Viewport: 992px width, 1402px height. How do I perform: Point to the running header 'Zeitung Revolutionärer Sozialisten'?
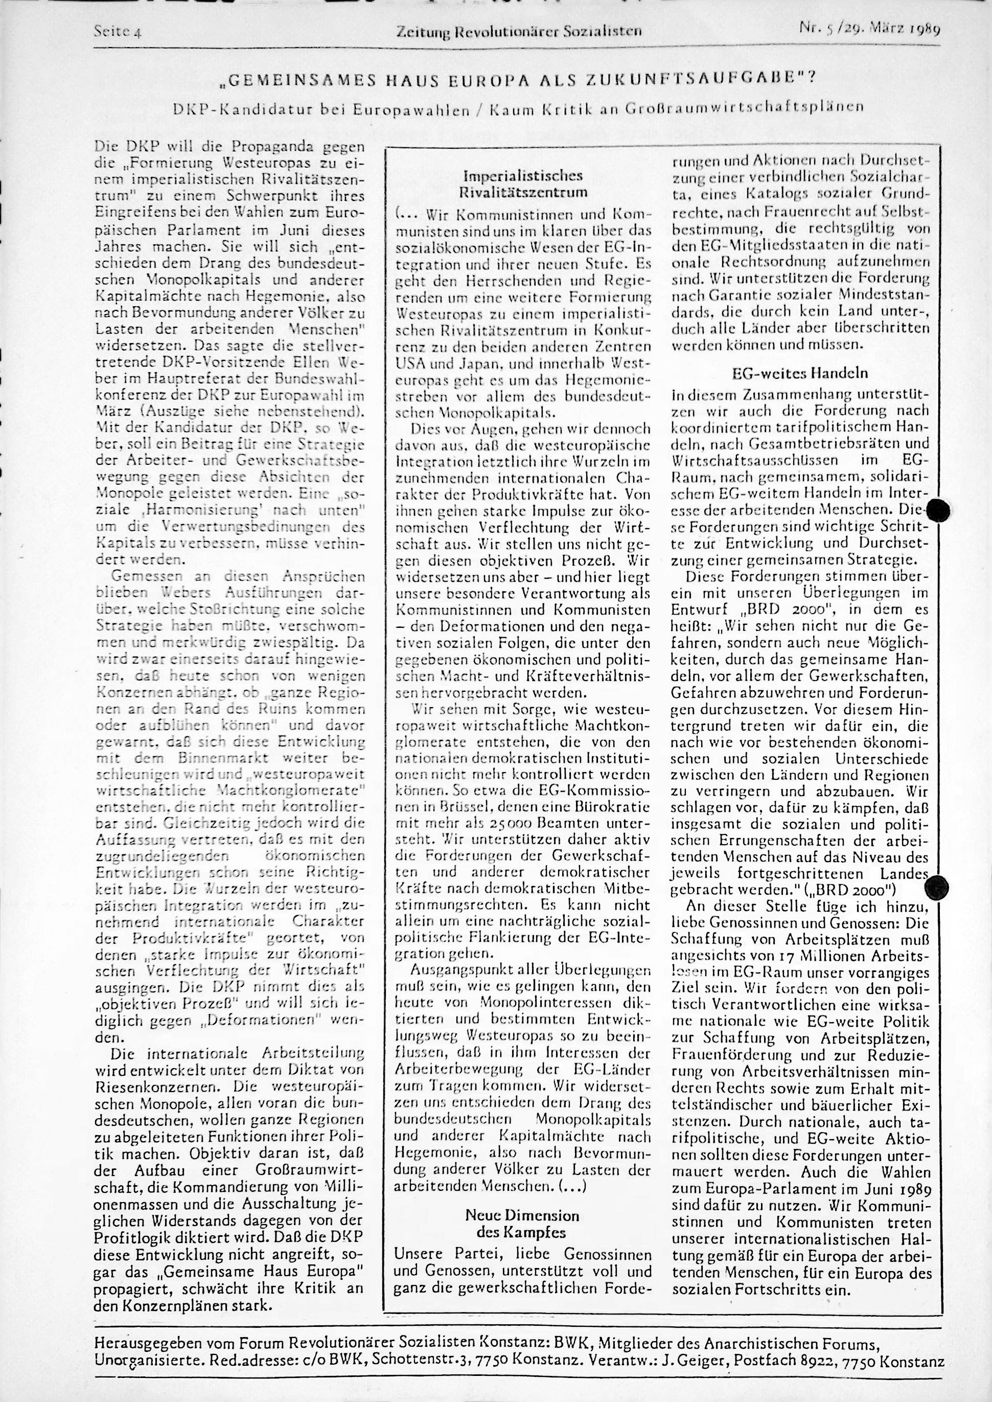pos(519,30)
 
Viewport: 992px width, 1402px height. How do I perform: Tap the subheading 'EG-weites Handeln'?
pos(800,372)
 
